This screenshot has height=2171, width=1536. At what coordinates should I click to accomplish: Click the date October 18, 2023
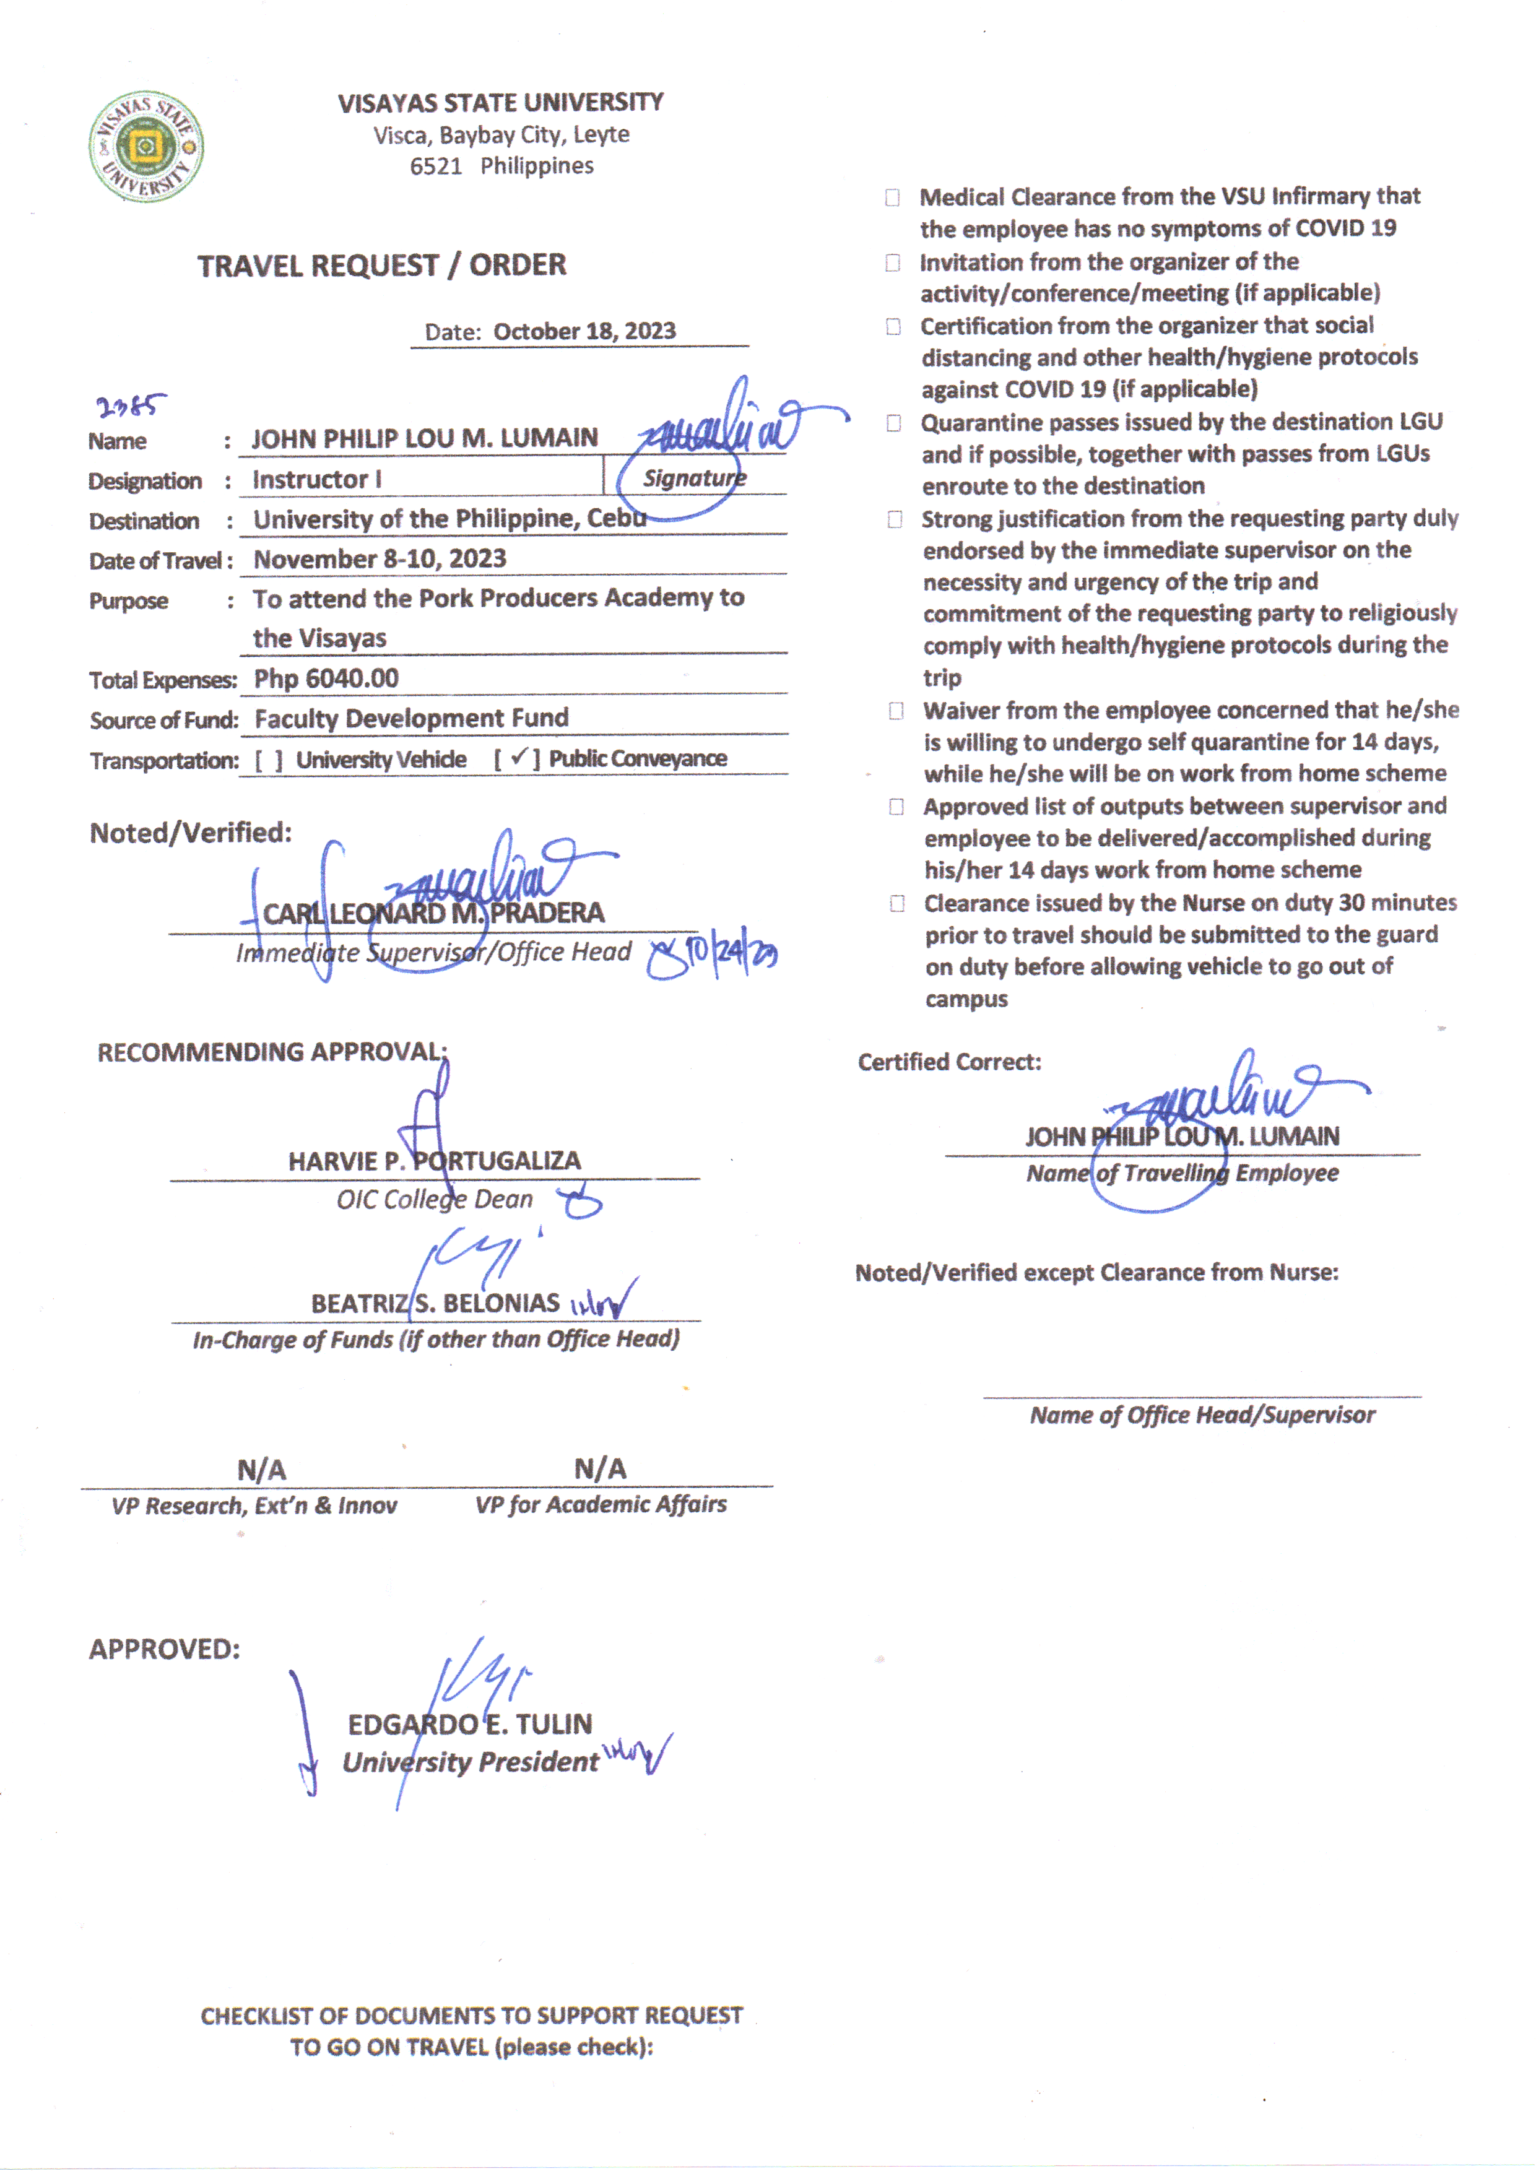pos(584,332)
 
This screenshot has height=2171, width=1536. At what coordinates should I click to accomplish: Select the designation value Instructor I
pos(317,479)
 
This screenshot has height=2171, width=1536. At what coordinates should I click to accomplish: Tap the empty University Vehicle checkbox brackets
pos(269,760)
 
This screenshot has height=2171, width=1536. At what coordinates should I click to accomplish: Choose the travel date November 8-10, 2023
pos(380,559)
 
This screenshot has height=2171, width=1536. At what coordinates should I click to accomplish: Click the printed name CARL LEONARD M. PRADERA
pos(433,914)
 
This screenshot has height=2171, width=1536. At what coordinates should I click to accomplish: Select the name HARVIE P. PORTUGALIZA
pos(434,1160)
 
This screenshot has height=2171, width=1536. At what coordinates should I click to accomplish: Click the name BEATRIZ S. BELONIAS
pos(435,1303)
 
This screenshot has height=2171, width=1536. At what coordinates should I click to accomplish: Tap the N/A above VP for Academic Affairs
pos(600,1468)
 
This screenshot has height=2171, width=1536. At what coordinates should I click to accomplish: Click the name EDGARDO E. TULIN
pos(469,1724)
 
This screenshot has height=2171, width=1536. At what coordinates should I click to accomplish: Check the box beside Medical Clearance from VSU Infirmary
pos(892,197)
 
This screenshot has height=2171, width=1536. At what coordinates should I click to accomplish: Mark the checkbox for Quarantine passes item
pos(893,423)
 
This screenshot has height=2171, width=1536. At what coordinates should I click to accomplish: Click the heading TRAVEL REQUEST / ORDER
pos(382,266)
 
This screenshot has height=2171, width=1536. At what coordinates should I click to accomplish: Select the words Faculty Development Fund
pos(412,719)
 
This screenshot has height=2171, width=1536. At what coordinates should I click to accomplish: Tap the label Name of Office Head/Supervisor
pos(1202,1415)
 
